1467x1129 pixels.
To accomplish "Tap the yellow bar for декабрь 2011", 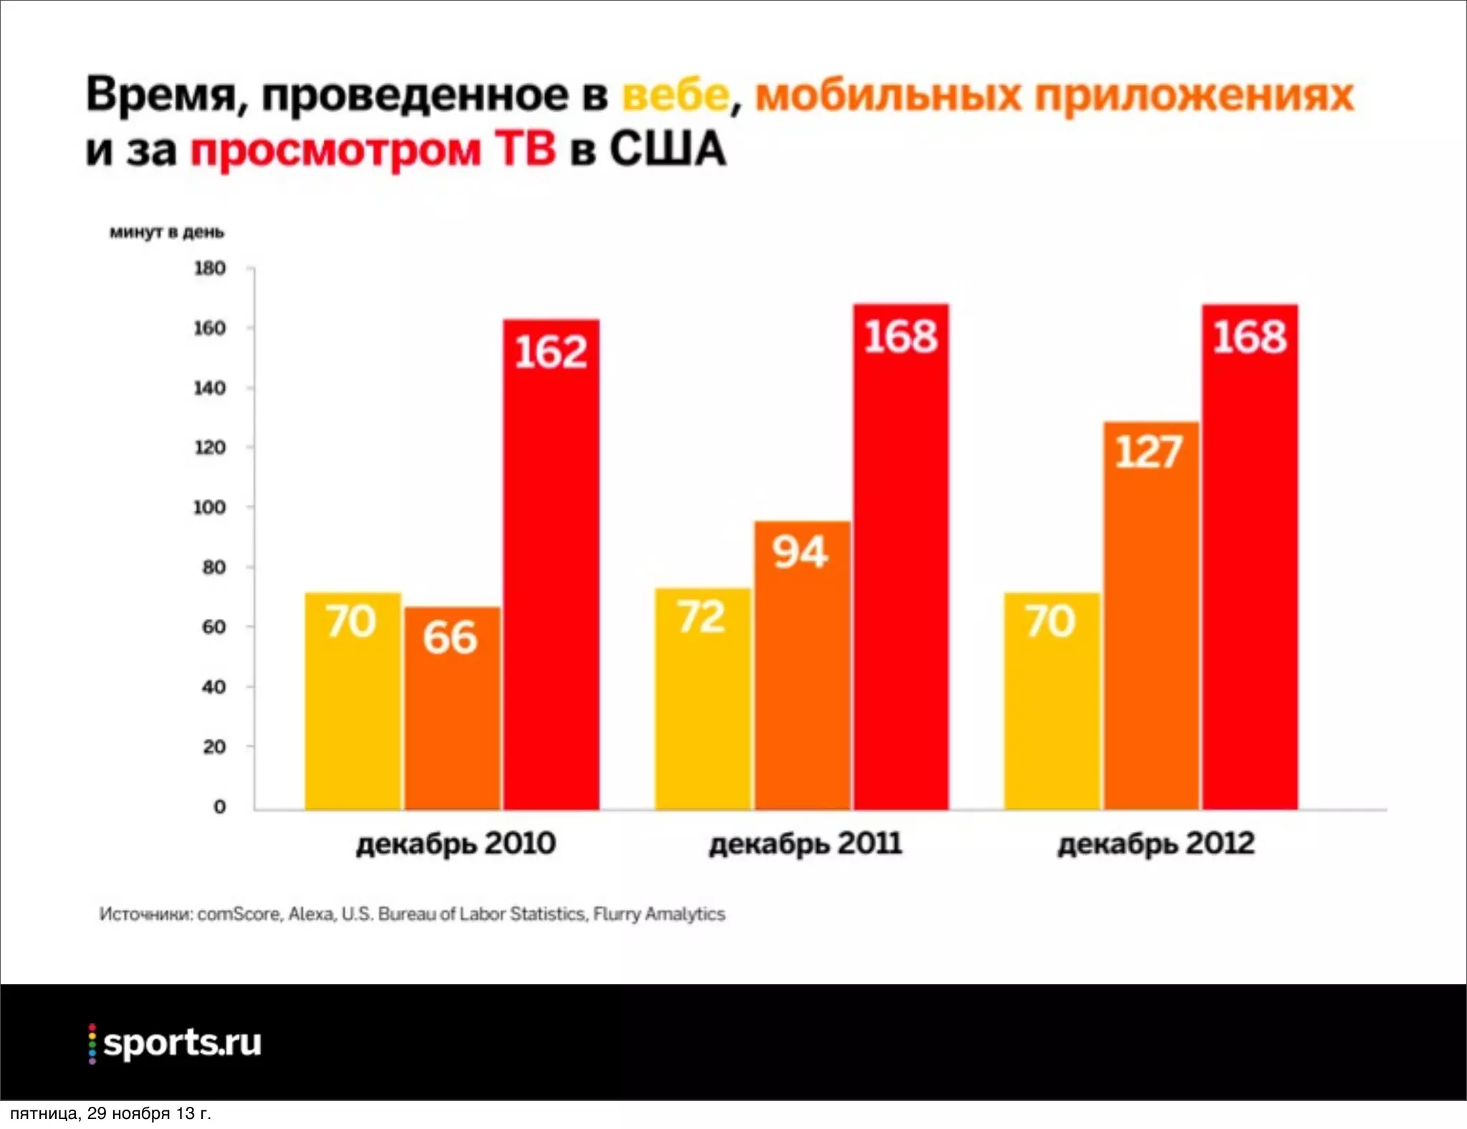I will [x=702, y=698].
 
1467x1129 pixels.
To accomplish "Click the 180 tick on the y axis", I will [x=209, y=269].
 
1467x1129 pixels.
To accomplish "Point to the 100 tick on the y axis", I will [x=209, y=507].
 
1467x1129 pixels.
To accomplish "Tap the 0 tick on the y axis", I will [x=219, y=807].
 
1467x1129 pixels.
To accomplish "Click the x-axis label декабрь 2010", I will [x=456, y=843].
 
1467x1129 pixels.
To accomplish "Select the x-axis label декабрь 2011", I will [x=805, y=843].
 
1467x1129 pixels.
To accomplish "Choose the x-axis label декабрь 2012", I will [x=1156, y=843].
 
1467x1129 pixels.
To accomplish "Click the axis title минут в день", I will [x=166, y=232].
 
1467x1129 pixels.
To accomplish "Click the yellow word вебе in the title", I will [x=675, y=95].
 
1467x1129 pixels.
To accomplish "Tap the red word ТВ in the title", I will [x=525, y=149].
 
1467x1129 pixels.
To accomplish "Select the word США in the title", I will [x=668, y=149].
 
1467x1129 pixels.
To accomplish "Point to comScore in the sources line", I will [x=239, y=914].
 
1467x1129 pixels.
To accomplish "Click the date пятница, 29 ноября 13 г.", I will [x=111, y=1113].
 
